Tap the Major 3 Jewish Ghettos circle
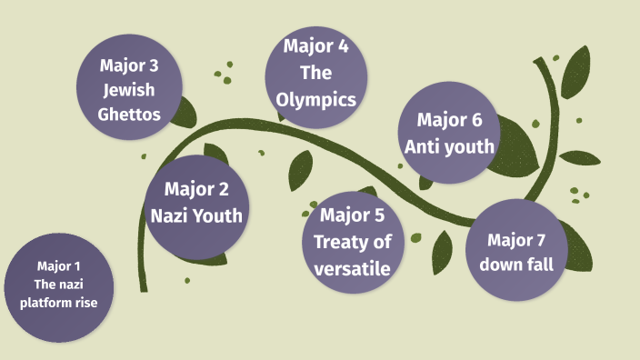(130, 90)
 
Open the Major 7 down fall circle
(515, 252)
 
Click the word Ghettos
(130, 115)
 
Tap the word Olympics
(317, 100)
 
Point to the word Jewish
(130, 91)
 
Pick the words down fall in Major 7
(515, 265)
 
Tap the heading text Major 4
(316, 45)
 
